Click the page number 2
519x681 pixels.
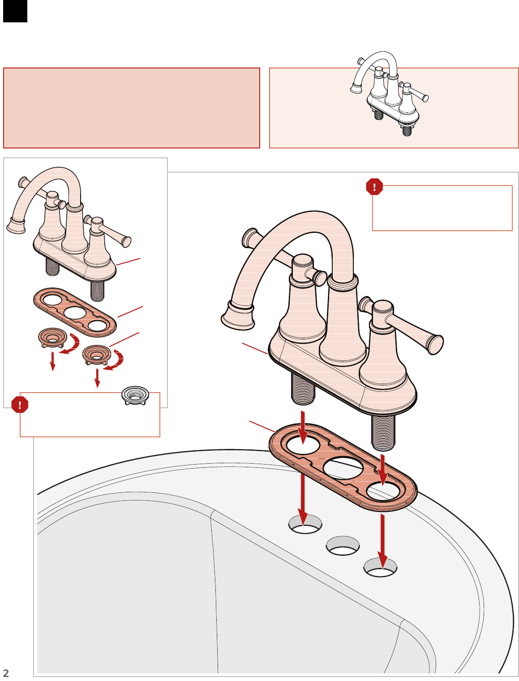[x=5, y=673]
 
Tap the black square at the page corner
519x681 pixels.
[x=15, y=11]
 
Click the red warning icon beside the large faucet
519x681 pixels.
[x=374, y=187]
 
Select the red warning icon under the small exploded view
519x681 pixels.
[x=20, y=405]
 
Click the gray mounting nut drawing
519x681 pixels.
[x=135, y=395]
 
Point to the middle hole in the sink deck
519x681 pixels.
[x=343, y=546]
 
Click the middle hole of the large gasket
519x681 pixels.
[x=343, y=468]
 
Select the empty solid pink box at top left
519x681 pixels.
[x=131, y=108]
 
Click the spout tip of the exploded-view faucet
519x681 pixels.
[x=16, y=225]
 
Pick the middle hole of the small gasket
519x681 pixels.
[x=75, y=313]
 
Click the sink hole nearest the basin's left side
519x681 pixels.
[x=305, y=524]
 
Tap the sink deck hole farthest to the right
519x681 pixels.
[x=380, y=567]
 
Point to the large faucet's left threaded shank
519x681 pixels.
[x=303, y=389]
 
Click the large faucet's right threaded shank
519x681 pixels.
[x=383, y=432]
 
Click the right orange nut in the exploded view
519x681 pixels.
[x=97, y=355]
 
